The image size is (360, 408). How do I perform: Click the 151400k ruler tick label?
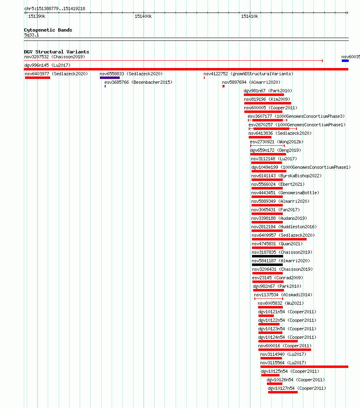(143, 16)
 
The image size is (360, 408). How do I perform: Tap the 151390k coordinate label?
(37, 16)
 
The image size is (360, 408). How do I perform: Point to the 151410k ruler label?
(250, 16)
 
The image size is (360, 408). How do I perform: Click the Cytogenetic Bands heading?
(48, 30)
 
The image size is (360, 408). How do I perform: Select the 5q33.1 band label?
(32, 35)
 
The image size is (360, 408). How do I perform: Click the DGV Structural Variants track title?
(57, 52)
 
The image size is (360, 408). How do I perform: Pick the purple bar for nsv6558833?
(110, 78)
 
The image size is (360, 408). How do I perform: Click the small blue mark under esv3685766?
(105, 86)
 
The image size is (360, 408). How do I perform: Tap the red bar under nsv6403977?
(38, 78)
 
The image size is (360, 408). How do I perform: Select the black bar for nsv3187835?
(267, 256)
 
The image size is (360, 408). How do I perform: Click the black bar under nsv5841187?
(267, 265)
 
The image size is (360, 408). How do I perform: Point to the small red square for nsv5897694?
(223, 86)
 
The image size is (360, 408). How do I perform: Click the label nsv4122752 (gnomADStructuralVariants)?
(248, 74)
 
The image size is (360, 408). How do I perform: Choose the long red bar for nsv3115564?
(304, 367)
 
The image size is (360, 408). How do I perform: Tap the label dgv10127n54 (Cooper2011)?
(297, 388)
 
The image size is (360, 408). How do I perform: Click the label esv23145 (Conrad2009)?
(277, 278)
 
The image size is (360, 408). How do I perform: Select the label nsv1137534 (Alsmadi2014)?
(283, 295)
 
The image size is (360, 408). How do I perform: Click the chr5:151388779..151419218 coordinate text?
(55, 8)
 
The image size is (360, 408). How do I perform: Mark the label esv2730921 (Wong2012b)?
(277, 142)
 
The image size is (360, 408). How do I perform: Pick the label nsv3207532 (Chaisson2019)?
(55, 57)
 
